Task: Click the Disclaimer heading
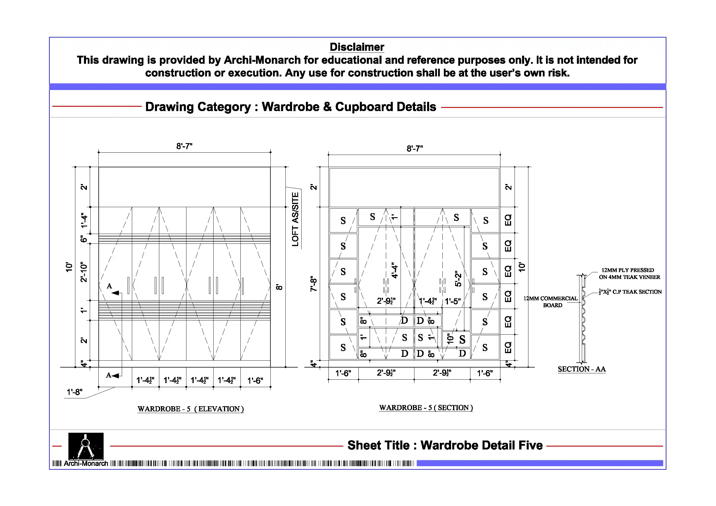(x=357, y=47)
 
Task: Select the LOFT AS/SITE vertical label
(x=295, y=219)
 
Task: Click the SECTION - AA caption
(x=582, y=369)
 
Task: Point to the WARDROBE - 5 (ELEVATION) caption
(x=190, y=409)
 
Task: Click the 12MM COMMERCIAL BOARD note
(x=551, y=301)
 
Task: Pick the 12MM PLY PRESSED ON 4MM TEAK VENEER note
(x=629, y=273)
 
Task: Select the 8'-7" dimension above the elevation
(x=184, y=146)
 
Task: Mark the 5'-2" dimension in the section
(x=458, y=278)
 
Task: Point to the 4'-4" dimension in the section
(x=395, y=270)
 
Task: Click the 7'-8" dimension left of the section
(x=313, y=283)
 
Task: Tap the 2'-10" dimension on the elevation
(x=84, y=272)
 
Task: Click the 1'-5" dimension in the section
(x=453, y=301)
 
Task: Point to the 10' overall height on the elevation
(x=69, y=267)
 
